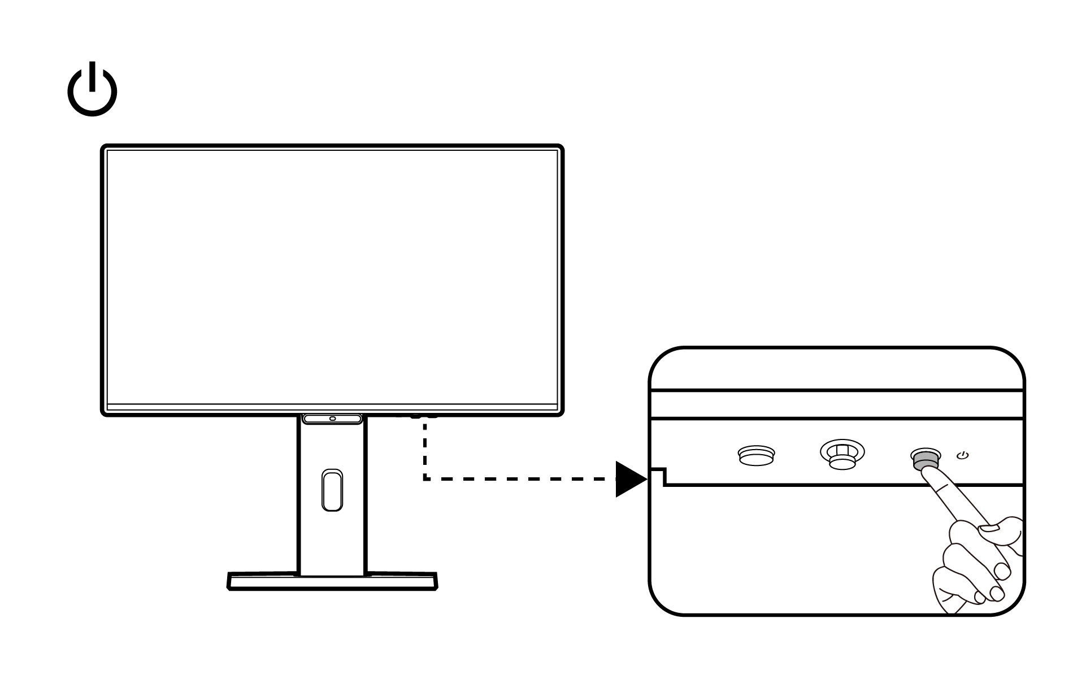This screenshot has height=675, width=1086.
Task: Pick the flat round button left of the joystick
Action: click(757, 455)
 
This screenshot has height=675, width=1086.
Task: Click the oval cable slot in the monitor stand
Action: click(332, 490)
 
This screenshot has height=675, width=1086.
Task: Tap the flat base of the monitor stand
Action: click(332, 582)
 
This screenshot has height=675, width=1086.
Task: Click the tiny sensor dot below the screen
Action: click(332, 419)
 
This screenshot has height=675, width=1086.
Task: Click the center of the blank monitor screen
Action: click(332, 277)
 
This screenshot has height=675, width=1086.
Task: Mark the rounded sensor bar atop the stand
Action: click(332, 419)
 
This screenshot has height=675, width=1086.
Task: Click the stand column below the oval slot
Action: click(332, 542)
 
